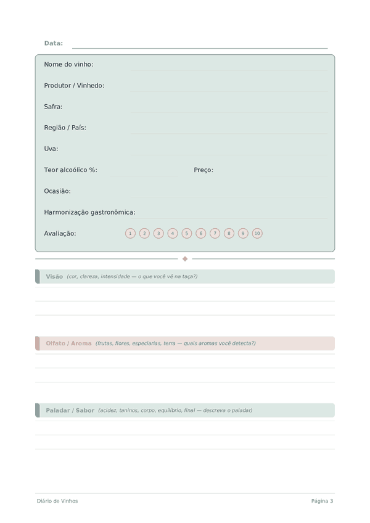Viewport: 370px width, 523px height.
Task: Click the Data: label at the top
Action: coord(54,43)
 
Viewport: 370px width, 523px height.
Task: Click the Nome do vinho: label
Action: coord(68,64)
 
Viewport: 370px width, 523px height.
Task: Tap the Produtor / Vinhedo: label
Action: coord(74,86)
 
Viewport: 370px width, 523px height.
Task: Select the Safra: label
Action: coord(53,107)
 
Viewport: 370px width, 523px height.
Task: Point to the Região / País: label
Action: coord(65,128)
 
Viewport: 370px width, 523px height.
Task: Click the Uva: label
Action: coord(51,149)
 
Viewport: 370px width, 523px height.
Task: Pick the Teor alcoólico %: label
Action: coord(70,170)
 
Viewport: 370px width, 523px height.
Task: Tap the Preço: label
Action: coord(203,170)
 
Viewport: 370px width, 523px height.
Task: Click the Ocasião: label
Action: coord(57,191)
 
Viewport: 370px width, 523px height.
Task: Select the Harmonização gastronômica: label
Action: coord(89,212)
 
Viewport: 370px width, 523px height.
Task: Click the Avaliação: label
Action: coord(60,233)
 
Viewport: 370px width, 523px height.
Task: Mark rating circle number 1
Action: coord(130,233)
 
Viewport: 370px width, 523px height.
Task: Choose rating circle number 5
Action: coord(187,233)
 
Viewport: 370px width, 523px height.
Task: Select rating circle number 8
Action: coord(229,233)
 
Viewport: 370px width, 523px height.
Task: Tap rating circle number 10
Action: coord(257,233)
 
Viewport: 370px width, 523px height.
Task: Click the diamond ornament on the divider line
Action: coord(185,259)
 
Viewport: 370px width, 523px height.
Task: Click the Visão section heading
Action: coord(54,276)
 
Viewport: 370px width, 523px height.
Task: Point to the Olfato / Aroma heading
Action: coord(68,344)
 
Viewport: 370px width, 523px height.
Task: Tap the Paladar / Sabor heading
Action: coord(70,410)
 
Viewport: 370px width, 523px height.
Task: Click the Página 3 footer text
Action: coord(322,501)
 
